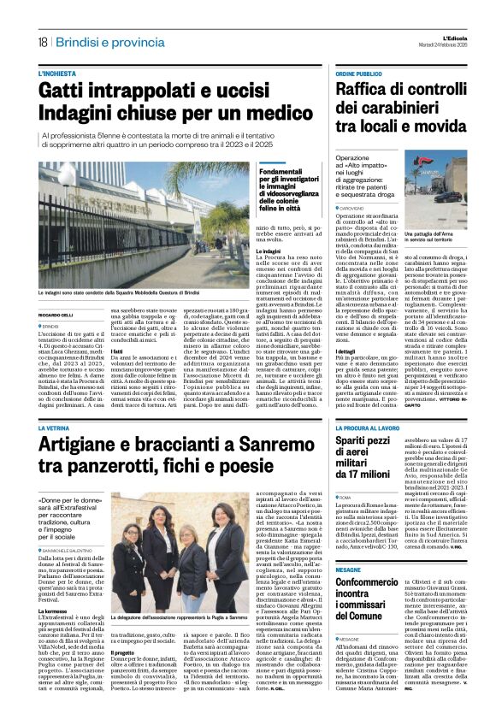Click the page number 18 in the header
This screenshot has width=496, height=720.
point(42,42)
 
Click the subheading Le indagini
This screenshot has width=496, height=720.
point(269,250)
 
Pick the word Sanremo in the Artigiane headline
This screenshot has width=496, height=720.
point(279,443)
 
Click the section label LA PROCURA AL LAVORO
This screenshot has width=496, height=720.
point(369,427)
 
